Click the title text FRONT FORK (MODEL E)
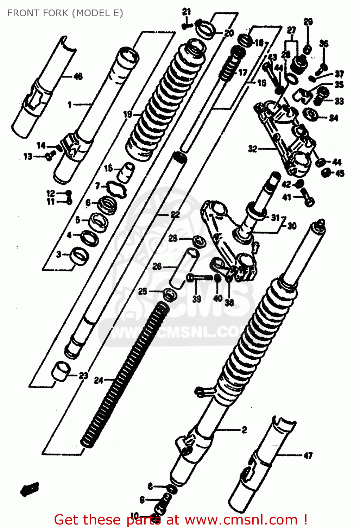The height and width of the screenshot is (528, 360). pos(65,13)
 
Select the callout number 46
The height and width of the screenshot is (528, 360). pos(78,76)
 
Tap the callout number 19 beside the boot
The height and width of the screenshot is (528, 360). pos(127,114)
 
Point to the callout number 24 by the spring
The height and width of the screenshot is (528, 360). pos(99,380)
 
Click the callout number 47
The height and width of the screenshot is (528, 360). pos(308,456)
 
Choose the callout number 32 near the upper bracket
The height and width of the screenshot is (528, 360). pos(253,149)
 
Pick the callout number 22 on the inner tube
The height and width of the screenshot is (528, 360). pos(175,214)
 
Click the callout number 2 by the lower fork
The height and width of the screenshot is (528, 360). pos(244,430)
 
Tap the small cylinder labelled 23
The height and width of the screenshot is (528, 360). pos(61,371)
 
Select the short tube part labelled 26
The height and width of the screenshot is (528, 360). pos(183,268)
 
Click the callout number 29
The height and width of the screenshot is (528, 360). pos(308,22)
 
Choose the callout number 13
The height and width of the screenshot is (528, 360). pos(28,156)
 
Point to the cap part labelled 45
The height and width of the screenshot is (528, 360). pos(327,172)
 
